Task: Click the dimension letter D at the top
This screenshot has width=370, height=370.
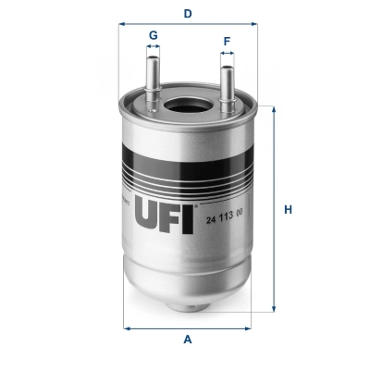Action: pos(188,14)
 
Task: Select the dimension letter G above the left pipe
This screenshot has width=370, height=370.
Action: pos(153,35)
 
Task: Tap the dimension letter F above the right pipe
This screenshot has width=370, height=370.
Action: pos(227,42)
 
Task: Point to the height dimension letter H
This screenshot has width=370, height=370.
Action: pos(288,210)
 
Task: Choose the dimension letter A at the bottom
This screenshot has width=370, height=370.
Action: pos(188,339)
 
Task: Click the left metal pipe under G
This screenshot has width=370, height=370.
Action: pos(153,79)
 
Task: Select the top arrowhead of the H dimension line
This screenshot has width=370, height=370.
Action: pos(273,109)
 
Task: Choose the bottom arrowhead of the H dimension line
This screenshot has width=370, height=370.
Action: pos(273,311)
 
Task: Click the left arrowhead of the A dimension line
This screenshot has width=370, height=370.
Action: pos(127,327)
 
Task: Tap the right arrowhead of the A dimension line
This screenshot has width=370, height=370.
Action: pos(252,327)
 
